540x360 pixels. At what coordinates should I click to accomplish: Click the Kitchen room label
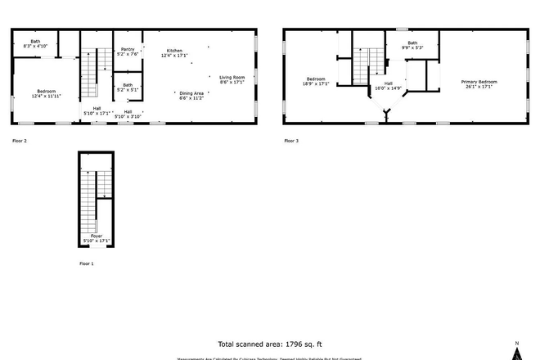point(174,51)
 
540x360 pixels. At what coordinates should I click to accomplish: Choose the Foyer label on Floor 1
point(97,238)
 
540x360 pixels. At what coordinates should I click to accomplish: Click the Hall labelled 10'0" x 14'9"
point(388,86)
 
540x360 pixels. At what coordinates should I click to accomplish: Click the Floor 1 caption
point(86,264)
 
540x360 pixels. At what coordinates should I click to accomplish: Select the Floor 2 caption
point(20,141)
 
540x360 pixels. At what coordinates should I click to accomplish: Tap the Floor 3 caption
point(291,141)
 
